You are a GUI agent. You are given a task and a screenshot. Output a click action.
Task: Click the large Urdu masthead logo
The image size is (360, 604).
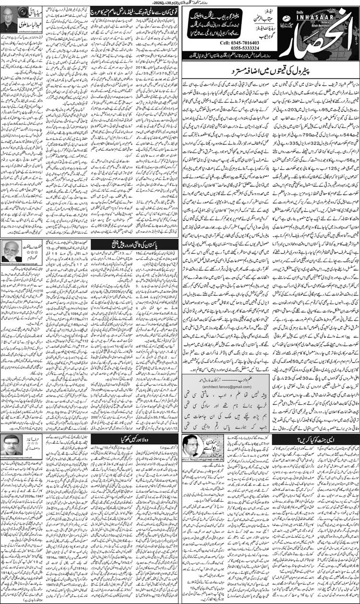(x=307, y=34)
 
